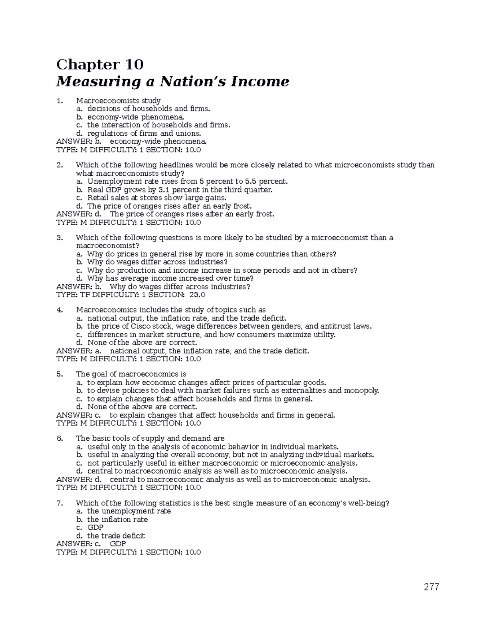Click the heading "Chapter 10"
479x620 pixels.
pos(100,64)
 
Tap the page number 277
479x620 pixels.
pos(431,587)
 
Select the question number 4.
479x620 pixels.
pos(59,310)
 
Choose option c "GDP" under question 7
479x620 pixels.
pos(95,527)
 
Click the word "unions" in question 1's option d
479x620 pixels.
pos(188,133)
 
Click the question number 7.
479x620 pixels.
pos(59,503)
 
